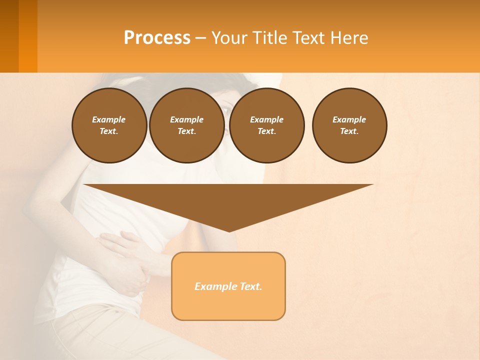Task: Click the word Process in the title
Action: (157, 38)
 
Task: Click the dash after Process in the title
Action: (200, 38)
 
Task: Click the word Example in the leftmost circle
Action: (109, 119)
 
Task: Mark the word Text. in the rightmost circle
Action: (349, 131)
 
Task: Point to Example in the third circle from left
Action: (266, 119)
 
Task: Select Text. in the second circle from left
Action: (186, 131)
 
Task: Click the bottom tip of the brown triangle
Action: (229, 230)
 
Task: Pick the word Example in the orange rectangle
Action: (214, 286)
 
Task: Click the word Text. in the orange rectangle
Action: (249, 286)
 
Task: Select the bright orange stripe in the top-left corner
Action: (28, 36)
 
